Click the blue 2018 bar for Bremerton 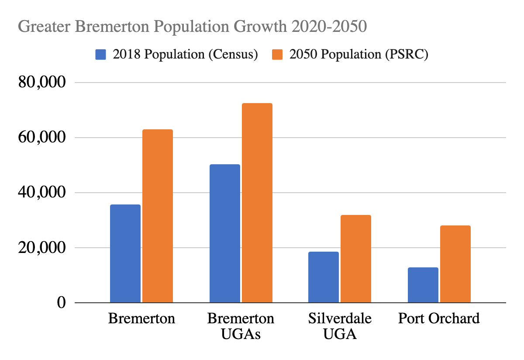[x=125, y=253]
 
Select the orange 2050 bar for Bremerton [x=158, y=216]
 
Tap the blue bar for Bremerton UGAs [x=224, y=233]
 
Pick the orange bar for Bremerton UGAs [x=257, y=203]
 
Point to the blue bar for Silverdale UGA [x=324, y=277]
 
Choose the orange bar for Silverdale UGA [x=356, y=259]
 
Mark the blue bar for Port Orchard [x=423, y=285]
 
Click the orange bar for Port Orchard [x=455, y=264]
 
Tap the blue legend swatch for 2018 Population [x=101, y=55]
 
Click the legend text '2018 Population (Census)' [x=185, y=55]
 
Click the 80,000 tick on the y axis [x=42, y=82]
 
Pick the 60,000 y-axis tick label [x=42, y=137]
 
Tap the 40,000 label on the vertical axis [x=42, y=192]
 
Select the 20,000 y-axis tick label [x=42, y=247]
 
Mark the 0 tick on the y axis [x=61, y=302]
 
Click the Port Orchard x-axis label [x=439, y=318]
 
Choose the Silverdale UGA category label [x=340, y=326]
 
